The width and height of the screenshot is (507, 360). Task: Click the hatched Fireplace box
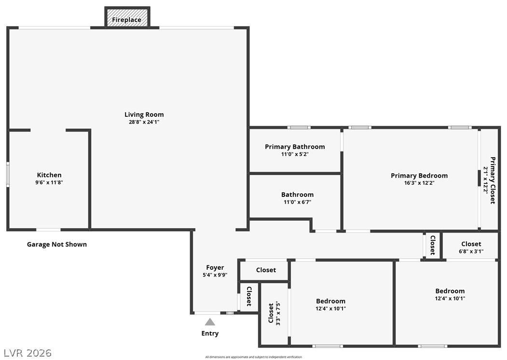pos(127,18)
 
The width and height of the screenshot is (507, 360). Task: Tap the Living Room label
pos(144,114)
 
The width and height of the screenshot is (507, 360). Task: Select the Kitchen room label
pos(49,175)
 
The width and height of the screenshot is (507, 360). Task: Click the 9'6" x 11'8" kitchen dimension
pos(49,182)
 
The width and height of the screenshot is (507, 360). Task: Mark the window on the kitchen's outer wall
pos(8,175)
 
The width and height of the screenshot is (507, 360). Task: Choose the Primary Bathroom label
pos(295,147)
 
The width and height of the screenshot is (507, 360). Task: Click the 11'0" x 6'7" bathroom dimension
pos(297,202)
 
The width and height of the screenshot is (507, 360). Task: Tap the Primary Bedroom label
pos(419,176)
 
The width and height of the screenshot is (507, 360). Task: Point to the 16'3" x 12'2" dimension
pos(419,183)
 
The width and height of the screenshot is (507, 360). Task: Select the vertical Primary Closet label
pos(493,180)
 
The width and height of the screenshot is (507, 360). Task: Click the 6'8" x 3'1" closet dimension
pos(471,251)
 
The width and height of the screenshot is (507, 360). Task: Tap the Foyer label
pos(215,267)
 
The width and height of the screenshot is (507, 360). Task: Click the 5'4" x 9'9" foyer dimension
pos(215,275)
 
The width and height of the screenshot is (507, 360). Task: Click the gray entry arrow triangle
pos(210,322)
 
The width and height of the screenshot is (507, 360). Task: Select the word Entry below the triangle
pos(210,333)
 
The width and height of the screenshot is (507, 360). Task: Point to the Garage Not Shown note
pos(57,244)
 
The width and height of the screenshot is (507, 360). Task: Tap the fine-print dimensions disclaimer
pos(253,357)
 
